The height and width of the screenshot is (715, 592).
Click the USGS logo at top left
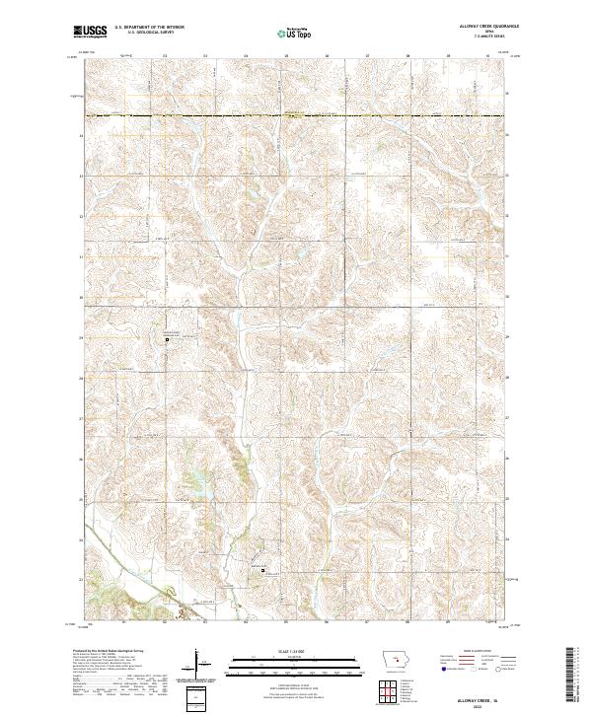[x=91, y=33]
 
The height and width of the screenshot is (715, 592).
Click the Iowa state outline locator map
[x=397, y=658]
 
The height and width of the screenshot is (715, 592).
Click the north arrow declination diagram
[x=198, y=663]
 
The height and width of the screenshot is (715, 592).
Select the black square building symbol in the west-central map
[x=167, y=340]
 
